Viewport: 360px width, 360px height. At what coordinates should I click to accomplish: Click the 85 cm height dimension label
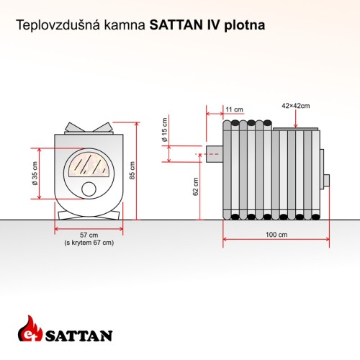(x=132, y=170)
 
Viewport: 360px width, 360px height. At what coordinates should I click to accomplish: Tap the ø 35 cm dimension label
(x=35, y=174)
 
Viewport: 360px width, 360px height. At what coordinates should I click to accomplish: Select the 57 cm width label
(x=89, y=235)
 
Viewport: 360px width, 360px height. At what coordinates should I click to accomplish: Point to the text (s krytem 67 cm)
(x=89, y=243)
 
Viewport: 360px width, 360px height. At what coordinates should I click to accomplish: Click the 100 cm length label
(x=276, y=235)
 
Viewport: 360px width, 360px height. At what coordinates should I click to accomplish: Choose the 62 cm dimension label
(x=196, y=186)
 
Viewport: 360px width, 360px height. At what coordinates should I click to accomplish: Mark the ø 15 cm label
(x=165, y=130)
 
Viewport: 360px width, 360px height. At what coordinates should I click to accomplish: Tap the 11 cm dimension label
(x=234, y=109)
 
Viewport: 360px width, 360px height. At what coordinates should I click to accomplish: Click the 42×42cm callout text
(x=296, y=106)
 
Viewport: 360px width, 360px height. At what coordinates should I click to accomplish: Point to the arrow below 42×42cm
(x=296, y=119)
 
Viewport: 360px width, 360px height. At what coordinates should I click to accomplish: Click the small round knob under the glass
(x=89, y=189)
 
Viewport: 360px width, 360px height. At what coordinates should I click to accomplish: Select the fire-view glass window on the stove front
(x=89, y=166)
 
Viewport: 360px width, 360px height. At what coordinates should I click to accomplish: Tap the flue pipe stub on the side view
(x=215, y=154)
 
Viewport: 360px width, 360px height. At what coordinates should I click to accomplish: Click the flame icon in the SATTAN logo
(x=30, y=328)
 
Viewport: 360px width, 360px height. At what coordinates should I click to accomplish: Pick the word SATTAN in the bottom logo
(x=78, y=336)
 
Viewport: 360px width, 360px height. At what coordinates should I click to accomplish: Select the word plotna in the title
(x=245, y=25)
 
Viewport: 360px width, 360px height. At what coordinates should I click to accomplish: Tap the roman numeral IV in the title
(x=212, y=25)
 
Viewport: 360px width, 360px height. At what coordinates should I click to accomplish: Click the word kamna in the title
(x=125, y=25)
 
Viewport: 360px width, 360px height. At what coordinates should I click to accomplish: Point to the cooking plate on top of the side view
(x=296, y=129)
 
